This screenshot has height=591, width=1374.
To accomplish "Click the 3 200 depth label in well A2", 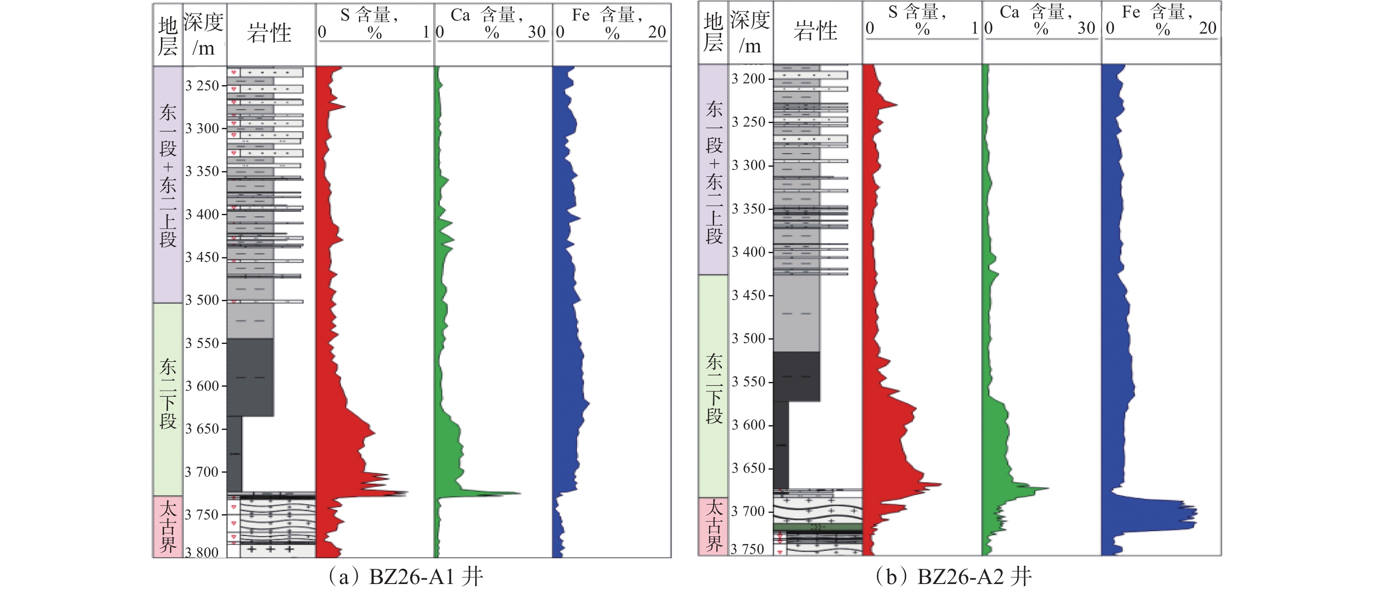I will (x=749, y=79).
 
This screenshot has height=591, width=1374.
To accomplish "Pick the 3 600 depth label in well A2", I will (x=749, y=425).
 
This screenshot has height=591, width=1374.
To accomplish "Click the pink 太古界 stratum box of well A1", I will (x=168, y=526).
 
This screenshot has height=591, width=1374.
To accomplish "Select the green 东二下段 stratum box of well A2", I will (x=713, y=386).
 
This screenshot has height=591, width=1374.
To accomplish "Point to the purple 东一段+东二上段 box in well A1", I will (x=168, y=184).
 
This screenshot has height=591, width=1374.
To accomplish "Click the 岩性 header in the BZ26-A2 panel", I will (x=816, y=31).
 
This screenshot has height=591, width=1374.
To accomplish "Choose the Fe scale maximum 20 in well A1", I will (x=657, y=32).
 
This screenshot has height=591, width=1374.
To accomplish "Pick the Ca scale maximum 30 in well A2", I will (x=1086, y=28).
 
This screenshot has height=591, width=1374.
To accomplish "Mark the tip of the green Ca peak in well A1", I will (x=520, y=493).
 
